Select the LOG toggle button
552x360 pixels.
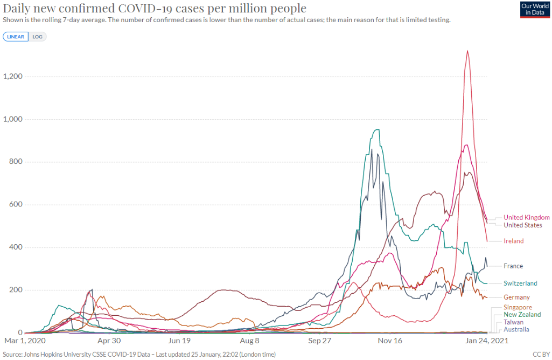[x=38, y=37]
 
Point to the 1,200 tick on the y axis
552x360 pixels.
[x=12, y=77]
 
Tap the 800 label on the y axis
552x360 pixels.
[x=17, y=162]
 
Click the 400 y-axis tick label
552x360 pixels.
[x=17, y=247]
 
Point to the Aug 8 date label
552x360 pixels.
[x=249, y=341]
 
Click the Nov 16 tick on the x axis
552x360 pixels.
[x=390, y=341]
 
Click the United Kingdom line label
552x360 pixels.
[x=526, y=217]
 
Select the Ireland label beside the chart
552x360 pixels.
[x=513, y=241]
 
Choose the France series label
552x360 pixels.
[x=513, y=266]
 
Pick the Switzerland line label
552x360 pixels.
[x=520, y=283]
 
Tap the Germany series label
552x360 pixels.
[x=516, y=297]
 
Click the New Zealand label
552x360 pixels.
[x=522, y=314]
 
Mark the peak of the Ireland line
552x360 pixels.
[x=467, y=51]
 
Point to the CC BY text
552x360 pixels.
[x=540, y=354]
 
